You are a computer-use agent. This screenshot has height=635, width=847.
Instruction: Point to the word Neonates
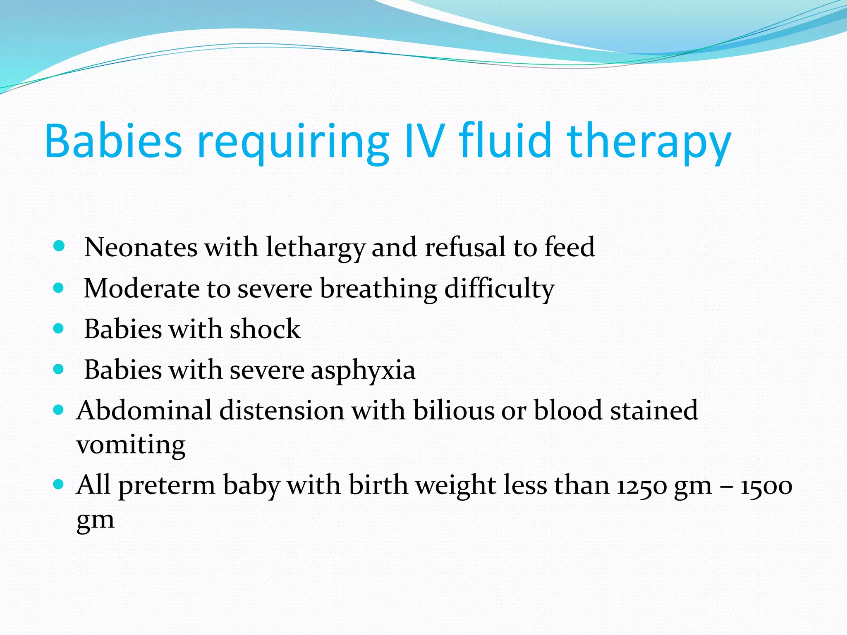pyautogui.click(x=141, y=247)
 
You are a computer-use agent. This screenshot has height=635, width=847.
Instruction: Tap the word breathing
pyautogui.click(x=378, y=289)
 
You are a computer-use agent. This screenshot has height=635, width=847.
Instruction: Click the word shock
pyautogui.click(x=265, y=329)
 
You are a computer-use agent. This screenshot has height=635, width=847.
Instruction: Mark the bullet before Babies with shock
pyautogui.click(x=59, y=329)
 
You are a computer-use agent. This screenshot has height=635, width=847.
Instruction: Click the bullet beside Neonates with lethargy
pyautogui.click(x=59, y=246)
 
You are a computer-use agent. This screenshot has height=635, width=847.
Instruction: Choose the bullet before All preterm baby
pyautogui.click(x=59, y=484)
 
